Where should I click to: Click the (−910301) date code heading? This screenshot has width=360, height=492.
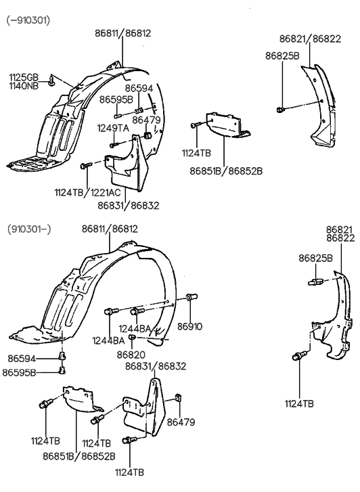pyautogui.click(x=28, y=20)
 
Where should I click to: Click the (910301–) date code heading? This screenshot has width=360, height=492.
pyautogui.click(x=28, y=229)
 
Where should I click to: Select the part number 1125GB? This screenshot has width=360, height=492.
pyautogui.click(x=22, y=76)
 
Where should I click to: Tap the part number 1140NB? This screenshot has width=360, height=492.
pyautogui.click(x=22, y=85)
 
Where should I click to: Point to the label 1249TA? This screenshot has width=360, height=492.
pyautogui.click(x=112, y=128)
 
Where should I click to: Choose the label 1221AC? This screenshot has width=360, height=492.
pyautogui.click(x=102, y=193)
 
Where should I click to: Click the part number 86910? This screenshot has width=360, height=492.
pyautogui.click(x=190, y=326)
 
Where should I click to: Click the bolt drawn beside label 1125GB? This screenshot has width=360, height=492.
pyautogui.click(x=52, y=83)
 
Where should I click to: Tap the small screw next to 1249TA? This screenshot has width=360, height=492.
pyautogui.click(x=114, y=143)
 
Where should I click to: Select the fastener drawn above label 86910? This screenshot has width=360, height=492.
pyautogui.click(x=191, y=298)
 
